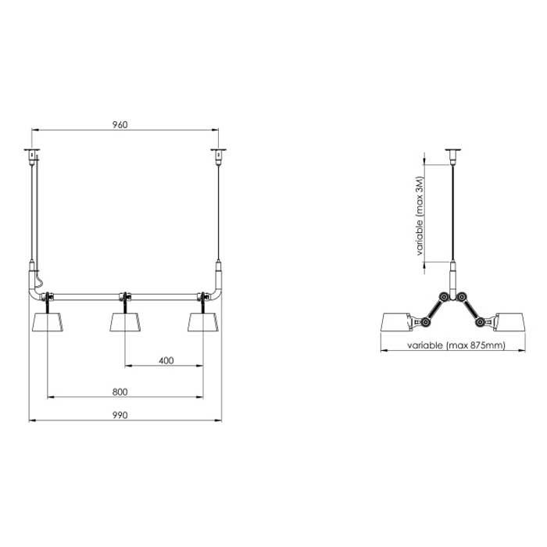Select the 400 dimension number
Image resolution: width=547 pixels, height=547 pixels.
pyautogui.click(x=165, y=361)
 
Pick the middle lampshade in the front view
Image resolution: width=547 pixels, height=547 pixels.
pyautogui.click(x=125, y=320)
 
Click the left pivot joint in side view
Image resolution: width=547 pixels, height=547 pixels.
pyautogui.click(x=445, y=296)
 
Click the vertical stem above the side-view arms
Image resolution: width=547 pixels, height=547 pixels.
pyautogui.click(x=452, y=278)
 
